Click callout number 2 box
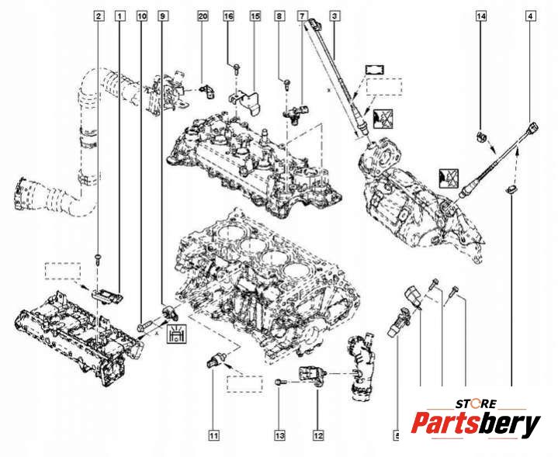[x=99, y=16]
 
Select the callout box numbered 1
[x=119, y=16]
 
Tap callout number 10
[x=140, y=16]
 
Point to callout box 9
[x=162, y=16]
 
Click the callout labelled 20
[x=203, y=16]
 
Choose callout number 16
[x=228, y=16]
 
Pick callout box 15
[x=254, y=16]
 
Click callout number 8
[x=280, y=16]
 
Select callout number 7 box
[x=303, y=16]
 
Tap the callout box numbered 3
[x=334, y=16]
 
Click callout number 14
[x=481, y=16]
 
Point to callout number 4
[x=530, y=16]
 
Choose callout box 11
[x=213, y=434]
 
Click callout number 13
[x=278, y=434]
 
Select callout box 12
[x=318, y=434]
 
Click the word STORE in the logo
[x=474, y=404]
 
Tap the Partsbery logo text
[x=475, y=425]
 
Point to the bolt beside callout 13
[x=280, y=382]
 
